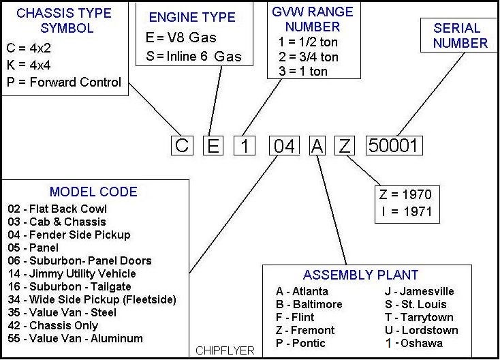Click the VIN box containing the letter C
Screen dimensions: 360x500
point(181,145)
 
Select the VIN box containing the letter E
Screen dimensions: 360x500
point(213,145)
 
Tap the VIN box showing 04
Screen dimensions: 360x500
point(283,145)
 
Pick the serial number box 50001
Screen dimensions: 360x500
point(394,145)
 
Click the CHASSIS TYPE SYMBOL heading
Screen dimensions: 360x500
point(64,20)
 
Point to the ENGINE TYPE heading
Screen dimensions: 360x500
point(192,18)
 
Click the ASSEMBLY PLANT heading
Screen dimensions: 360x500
point(360,275)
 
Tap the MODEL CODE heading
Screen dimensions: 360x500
point(93,192)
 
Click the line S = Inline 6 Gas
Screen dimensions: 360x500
point(194,57)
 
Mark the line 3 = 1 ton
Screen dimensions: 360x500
point(303,71)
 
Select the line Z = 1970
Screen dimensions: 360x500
point(406,194)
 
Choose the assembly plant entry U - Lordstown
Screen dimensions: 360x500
point(421,330)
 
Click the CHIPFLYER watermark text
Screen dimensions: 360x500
point(225,350)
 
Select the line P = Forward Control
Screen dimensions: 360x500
point(65,82)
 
